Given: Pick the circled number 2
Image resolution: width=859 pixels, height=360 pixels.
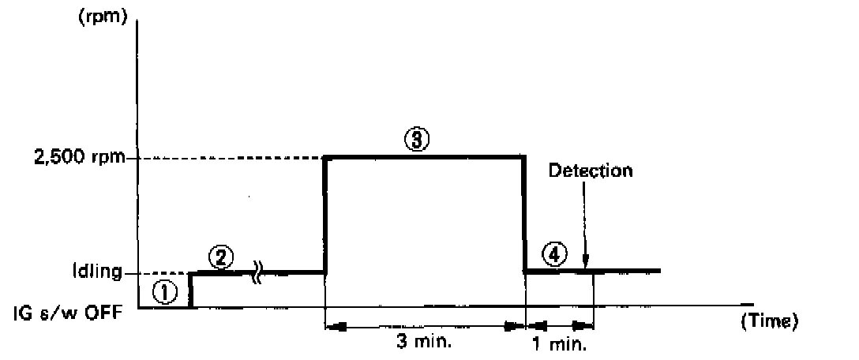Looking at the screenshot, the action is tap(223, 258).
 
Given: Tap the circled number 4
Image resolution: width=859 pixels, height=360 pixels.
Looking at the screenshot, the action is tap(555, 255).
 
